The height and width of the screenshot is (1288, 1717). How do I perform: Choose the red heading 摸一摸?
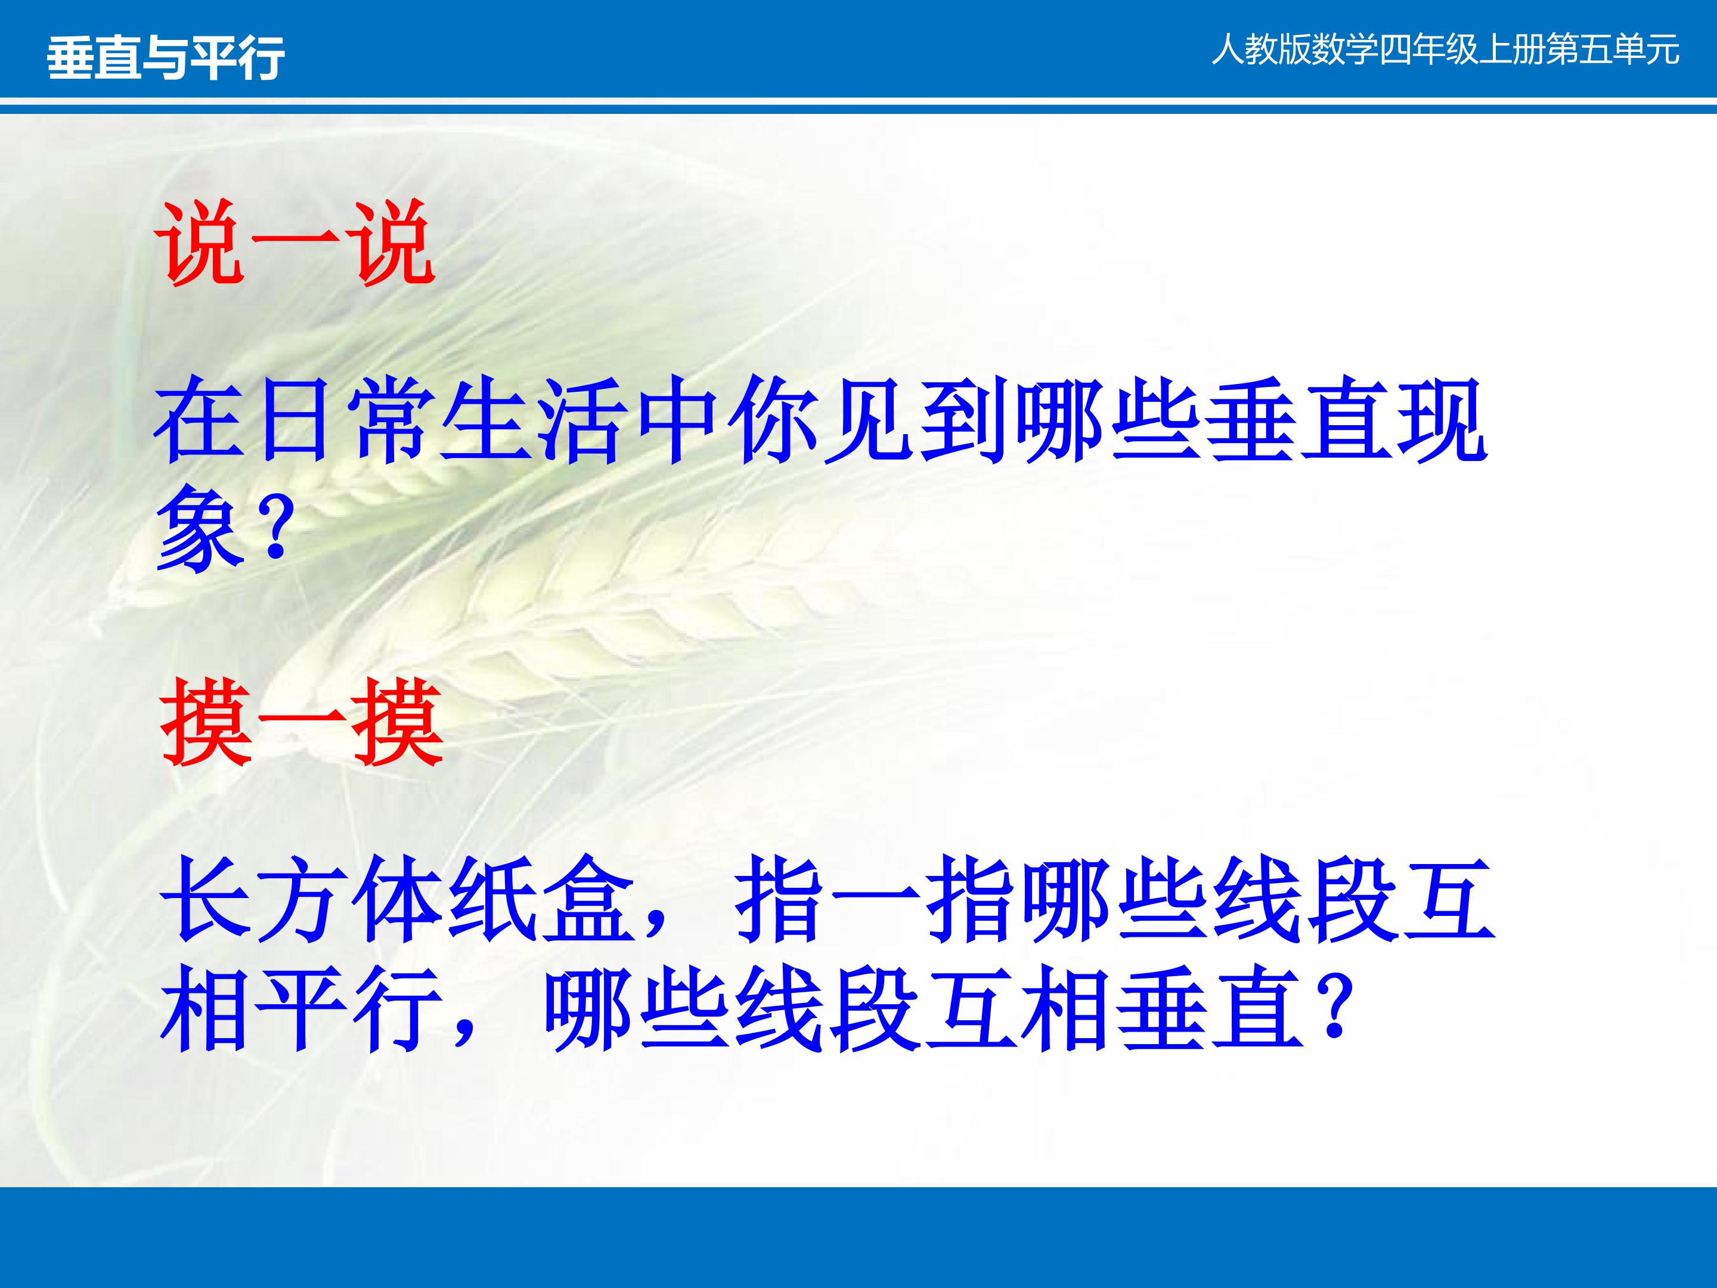[x=302, y=723]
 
